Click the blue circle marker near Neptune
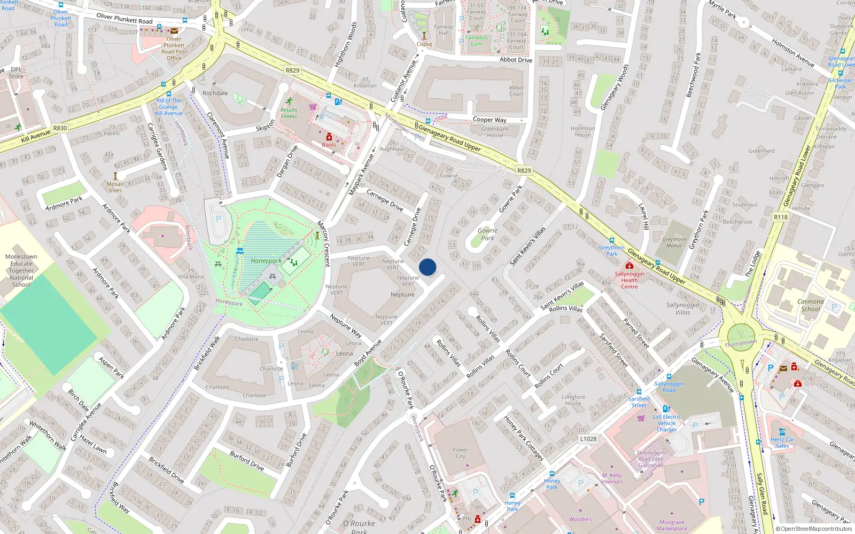click(428, 267)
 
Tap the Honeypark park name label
click(266, 261)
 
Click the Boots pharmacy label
click(329, 145)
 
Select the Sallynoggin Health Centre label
click(629, 280)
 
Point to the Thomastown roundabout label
click(741, 343)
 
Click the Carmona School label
click(810, 305)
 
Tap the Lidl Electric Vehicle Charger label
click(667, 423)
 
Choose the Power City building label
click(460, 453)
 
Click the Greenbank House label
click(495, 132)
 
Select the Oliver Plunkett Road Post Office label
click(174, 49)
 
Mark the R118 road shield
click(781, 217)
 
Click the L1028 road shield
click(588, 439)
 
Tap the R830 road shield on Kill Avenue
click(60, 128)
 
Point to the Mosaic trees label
click(115, 187)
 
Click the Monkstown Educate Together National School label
click(21, 270)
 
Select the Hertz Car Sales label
click(782, 443)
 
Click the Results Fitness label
click(289, 113)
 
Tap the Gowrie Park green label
click(487, 234)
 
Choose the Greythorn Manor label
click(674, 242)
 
